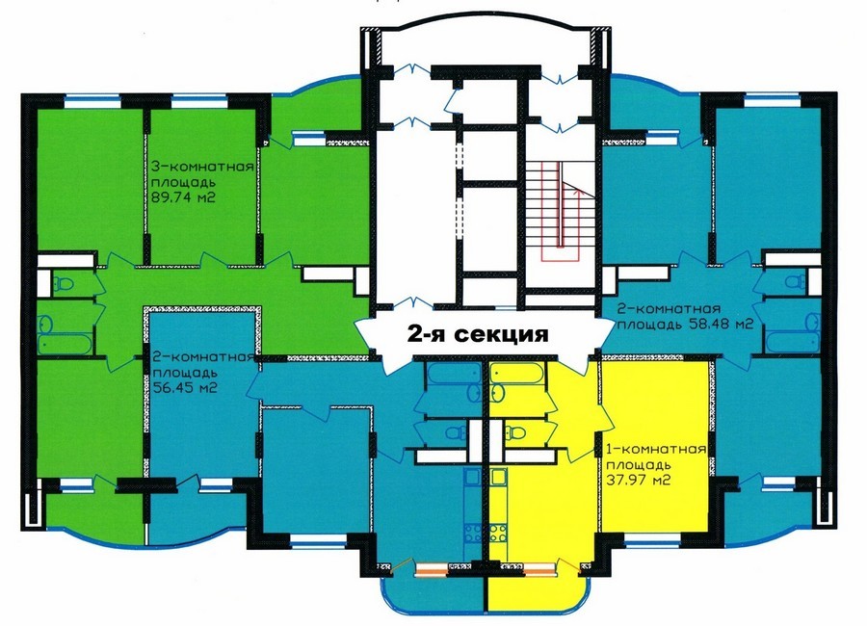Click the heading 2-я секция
tap(478, 334)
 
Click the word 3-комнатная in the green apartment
tap(202, 167)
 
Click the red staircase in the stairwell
tap(561, 211)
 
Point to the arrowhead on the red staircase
tap(580, 192)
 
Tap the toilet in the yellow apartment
tap(514, 431)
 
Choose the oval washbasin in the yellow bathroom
tap(498, 393)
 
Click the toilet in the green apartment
tap(64, 283)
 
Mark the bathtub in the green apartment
tap(66, 344)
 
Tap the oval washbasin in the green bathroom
tap(46, 323)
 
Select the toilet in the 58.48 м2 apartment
tap(797, 281)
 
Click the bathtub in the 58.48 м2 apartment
tap(794, 341)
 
